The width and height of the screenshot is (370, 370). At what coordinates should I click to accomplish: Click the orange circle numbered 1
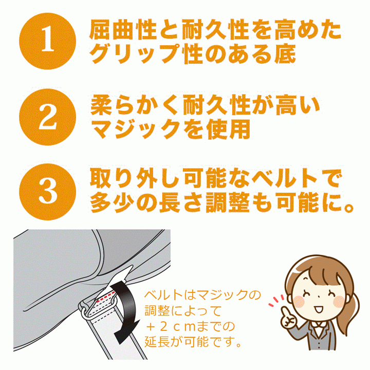[x=47, y=41]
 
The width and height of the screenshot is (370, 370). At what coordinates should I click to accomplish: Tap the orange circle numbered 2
[x=47, y=117]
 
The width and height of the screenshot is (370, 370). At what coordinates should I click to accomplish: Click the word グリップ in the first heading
[x=135, y=54]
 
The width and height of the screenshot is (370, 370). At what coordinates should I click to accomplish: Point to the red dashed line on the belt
[x=106, y=296]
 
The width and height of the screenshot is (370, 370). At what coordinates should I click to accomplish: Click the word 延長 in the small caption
[x=156, y=342]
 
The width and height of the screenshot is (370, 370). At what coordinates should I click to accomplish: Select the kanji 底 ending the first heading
[x=285, y=54]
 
